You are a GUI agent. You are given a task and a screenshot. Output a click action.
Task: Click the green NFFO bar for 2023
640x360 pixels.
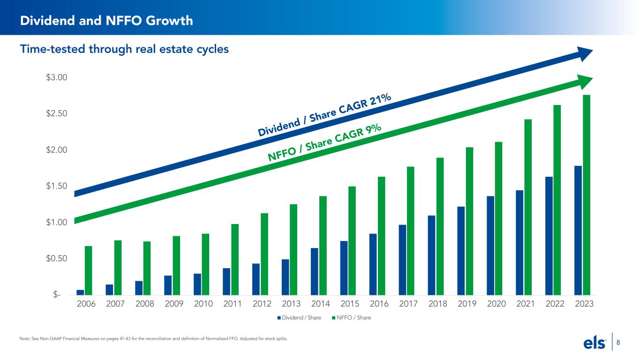click(x=587, y=195)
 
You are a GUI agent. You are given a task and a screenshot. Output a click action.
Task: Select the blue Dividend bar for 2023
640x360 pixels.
click(x=578, y=231)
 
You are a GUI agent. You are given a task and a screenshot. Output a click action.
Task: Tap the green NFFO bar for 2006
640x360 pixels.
click(x=89, y=270)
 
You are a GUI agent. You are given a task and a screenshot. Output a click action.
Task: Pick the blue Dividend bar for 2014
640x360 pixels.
click(x=315, y=271)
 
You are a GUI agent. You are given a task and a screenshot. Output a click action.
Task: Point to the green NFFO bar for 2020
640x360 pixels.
click(x=499, y=218)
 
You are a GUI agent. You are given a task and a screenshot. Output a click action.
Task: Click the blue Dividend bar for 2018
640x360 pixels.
click(x=431, y=255)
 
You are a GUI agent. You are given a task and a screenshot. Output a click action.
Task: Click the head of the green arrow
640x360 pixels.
click(x=584, y=81)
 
